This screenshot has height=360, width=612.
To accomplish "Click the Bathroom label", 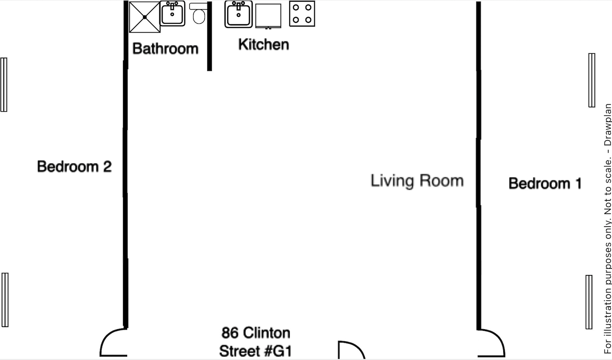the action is (165, 49).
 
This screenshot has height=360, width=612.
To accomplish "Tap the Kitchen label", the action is (263, 45).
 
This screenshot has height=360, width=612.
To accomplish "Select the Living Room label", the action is (417, 181).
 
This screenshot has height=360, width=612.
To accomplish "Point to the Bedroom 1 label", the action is (545, 183).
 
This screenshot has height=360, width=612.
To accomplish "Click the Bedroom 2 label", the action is (74, 167).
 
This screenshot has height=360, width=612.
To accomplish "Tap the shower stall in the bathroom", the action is (145, 17).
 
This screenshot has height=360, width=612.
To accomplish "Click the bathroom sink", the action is (173, 14).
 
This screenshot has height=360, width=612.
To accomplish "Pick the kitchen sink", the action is (238, 15).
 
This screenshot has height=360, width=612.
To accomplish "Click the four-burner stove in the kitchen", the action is (302, 14).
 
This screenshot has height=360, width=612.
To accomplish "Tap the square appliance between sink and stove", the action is (268, 16).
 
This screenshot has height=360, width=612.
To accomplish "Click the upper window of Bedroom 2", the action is (4, 85).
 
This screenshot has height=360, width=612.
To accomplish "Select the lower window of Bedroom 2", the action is (5, 300).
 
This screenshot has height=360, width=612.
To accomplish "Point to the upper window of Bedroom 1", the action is (592, 80).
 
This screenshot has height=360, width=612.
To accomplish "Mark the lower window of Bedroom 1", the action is (589, 302).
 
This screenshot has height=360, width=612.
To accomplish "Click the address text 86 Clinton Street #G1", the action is (256, 342).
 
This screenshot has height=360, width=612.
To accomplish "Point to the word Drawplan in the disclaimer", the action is (607, 125).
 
